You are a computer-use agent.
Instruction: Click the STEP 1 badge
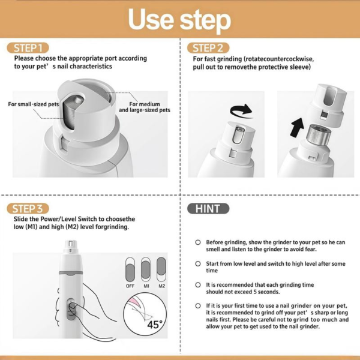(28, 48)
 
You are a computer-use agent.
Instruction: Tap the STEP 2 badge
(208, 48)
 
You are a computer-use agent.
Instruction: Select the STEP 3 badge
(28, 209)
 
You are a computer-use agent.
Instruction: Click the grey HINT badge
(208, 209)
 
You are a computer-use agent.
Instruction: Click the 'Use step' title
(179, 20)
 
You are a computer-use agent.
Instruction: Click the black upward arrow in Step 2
(297, 127)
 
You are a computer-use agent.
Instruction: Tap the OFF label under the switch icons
(130, 286)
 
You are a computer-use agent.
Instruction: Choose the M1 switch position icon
(146, 269)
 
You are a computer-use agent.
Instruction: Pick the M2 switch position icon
(161, 269)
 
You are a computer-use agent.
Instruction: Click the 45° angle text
(155, 325)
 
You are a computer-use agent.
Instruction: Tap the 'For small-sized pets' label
(34, 104)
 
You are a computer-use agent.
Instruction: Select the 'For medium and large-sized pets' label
(145, 107)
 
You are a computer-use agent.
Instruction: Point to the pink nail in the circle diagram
(135, 302)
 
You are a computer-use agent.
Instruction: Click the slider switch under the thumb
(71, 309)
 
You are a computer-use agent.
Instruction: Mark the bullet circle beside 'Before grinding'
(198, 242)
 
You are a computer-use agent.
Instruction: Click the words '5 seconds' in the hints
(266, 292)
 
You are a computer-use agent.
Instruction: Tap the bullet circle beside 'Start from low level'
(198, 263)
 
